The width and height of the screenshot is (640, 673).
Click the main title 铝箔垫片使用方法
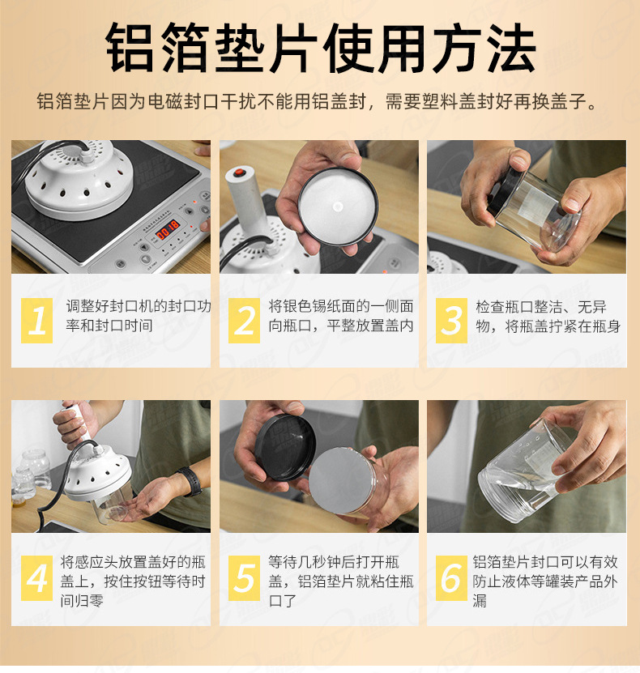pyautogui.click(x=320, y=50)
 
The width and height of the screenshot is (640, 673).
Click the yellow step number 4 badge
pyautogui.click(x=36, y=578)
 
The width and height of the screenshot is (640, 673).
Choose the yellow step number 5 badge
pyautogui.click(x=244, y=578)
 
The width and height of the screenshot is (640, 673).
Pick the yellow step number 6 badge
pyautogui.click(x=451, y=578)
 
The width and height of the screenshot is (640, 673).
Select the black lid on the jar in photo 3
pyautogui.click(x=503, y=191)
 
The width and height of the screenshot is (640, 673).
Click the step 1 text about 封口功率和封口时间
pyautogui.click(x=138, y=316)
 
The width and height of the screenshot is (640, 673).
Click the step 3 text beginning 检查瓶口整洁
pyautogui.click(x=548, y=316)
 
